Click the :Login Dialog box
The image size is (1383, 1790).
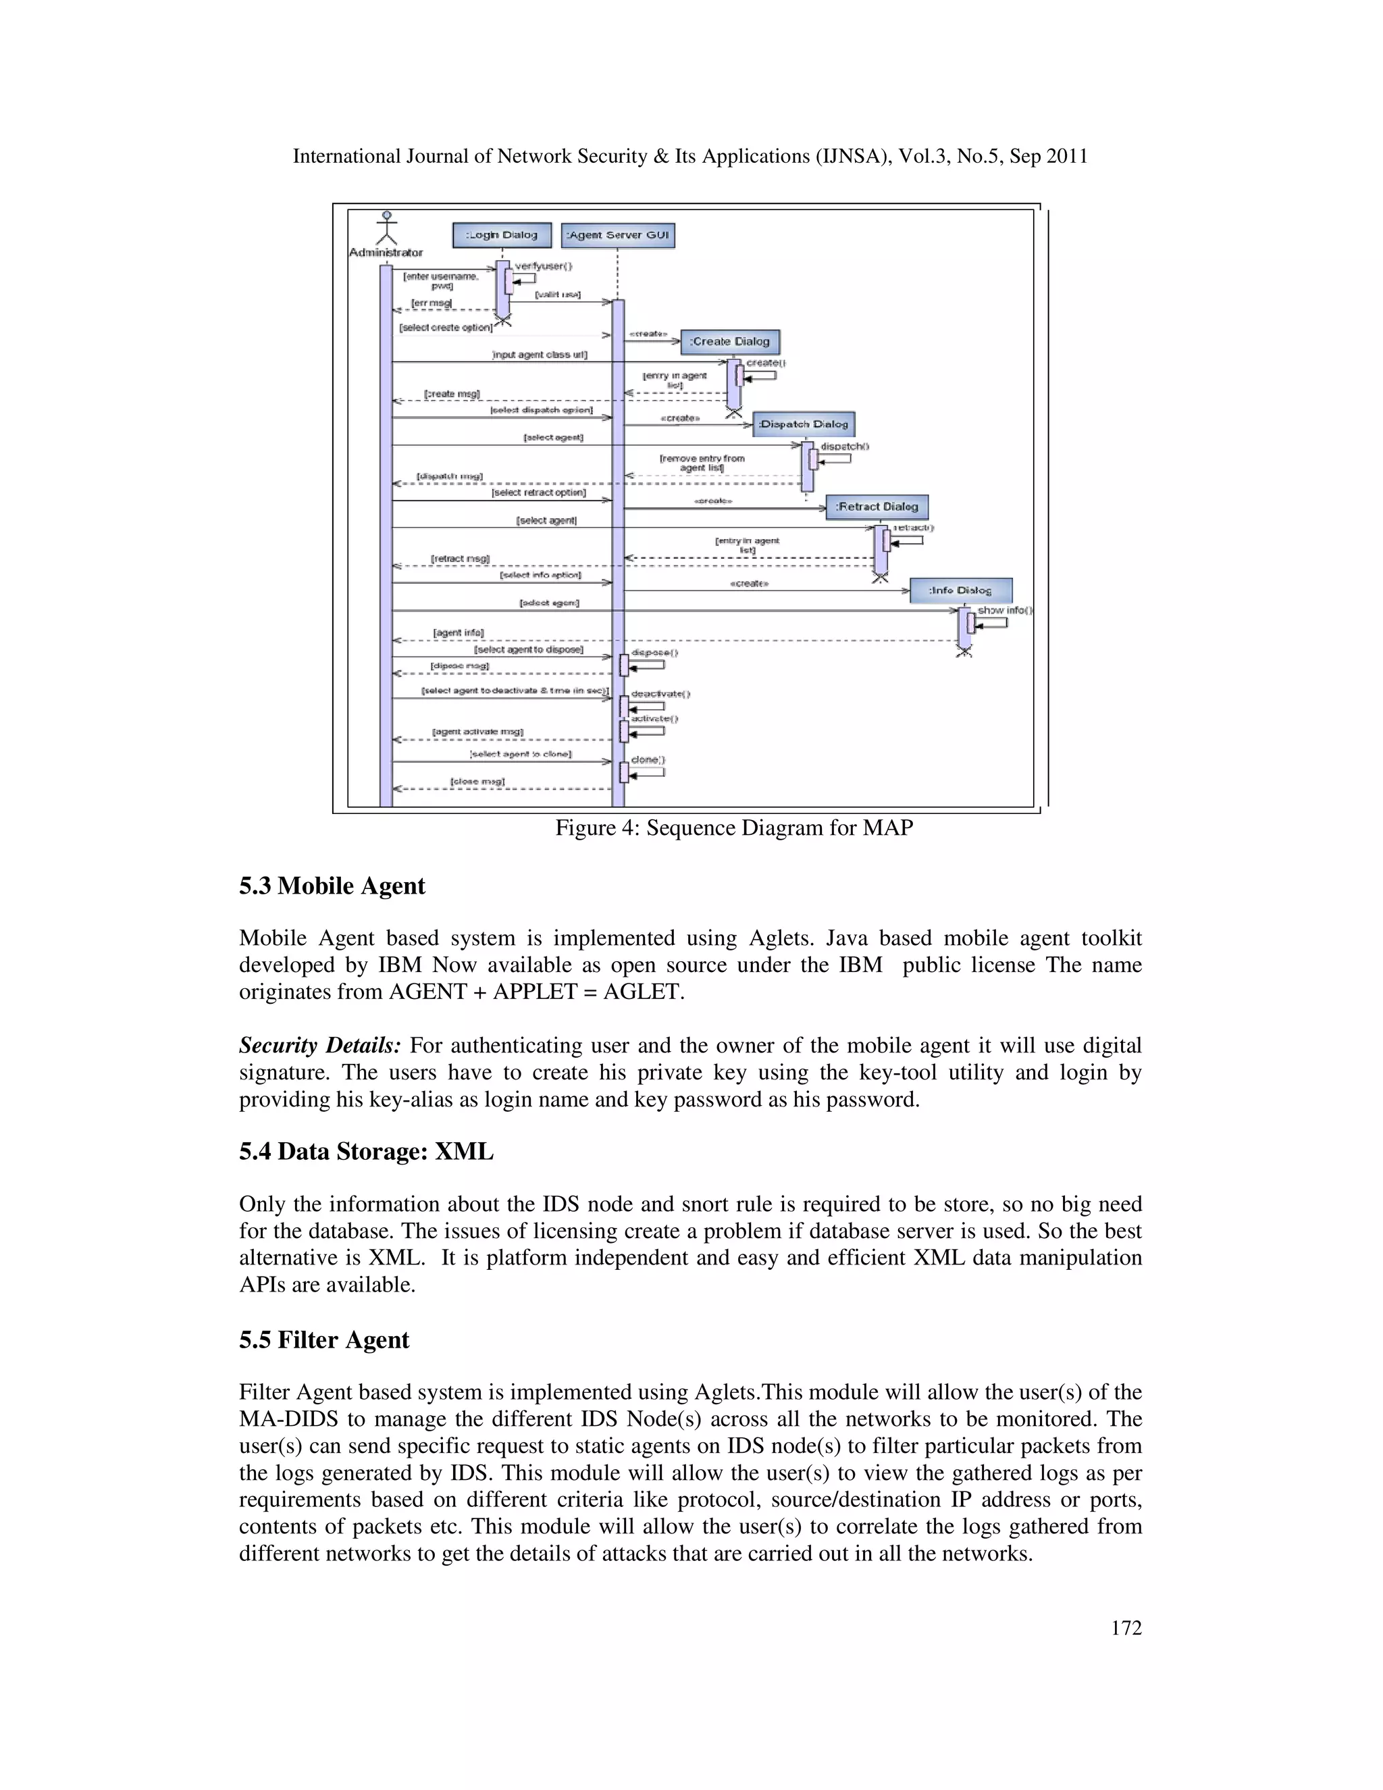(502, 235)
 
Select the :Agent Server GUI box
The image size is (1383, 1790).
(619, 235)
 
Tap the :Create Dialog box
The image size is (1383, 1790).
(730, 342)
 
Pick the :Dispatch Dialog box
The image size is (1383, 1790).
(803, 425)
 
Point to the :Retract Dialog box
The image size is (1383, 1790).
(877, 507)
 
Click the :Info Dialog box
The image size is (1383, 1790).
(960, 590)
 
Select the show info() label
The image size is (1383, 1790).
(1004, 611)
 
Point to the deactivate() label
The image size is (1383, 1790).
(660, 694)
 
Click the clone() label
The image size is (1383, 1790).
(647, 760)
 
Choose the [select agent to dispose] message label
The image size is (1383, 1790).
(529, 649)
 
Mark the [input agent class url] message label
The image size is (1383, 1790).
(539, 355)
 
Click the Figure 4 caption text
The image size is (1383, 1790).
(734, 828)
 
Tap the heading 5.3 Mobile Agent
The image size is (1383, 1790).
(332, 886)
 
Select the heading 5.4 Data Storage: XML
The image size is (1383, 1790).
(366, 1152)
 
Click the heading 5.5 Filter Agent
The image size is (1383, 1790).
(323, 1340)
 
